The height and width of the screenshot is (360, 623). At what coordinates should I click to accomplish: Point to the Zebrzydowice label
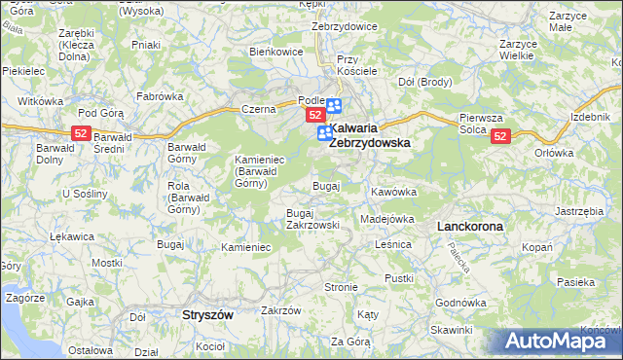[345, 26]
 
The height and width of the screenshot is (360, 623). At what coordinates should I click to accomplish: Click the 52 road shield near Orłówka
[500, 137]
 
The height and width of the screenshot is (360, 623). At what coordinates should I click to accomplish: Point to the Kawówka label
[393, 192]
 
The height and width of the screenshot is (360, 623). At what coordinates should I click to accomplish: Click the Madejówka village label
[387, 219]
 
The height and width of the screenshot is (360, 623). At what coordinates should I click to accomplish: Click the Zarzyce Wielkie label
[518, 51]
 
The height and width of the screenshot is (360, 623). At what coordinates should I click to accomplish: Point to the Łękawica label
[70, 236]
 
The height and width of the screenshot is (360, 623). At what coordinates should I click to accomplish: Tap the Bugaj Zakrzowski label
[312, 218]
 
